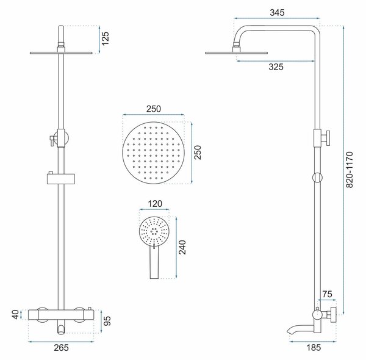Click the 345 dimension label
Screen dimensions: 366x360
tap(277, 13)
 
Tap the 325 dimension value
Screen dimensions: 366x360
tap(276, 67)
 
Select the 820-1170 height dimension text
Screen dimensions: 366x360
tap(350, 170)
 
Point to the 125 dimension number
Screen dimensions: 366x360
tap(106, 38)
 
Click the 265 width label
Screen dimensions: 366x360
tap(62, 348)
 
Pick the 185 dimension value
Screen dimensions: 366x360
tap(314, 348)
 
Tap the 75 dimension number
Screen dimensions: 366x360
tap(327, 294)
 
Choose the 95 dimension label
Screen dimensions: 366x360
tap(107, 321)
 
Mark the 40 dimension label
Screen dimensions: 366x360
tap(15, 314)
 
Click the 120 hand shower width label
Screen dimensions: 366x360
tap(155, 204)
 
